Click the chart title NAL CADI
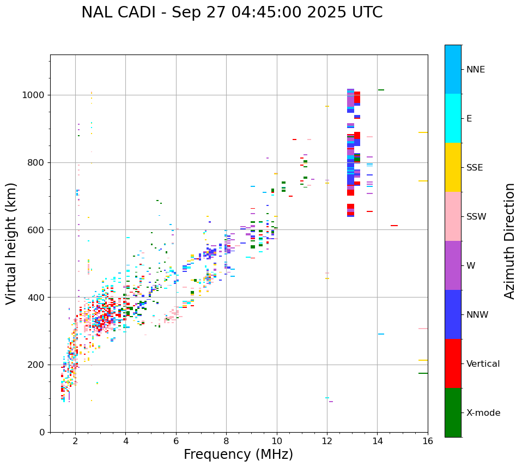(x=232, y=13)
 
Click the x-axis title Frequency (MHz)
(x=238, y=454)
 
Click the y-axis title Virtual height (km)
(x=11, y=243)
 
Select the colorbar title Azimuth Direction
(x=509, y=241)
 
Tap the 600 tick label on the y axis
(x=35, y=230)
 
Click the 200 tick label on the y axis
(x=35, y=365)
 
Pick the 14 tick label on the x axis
(x=377, y=441)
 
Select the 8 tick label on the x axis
(x=226, y=441)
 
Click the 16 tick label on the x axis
(x=428, y=441)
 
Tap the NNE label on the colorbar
(x=475, y=70)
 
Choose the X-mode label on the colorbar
(x=483, y=413)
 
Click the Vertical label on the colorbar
(x=483, y=364)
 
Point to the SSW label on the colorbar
(x=476, y=217)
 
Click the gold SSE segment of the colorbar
(x=453, y=167)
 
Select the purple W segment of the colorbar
(x=453, y=265)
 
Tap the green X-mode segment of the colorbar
(x=453, y=413)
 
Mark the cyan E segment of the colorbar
(x=453, y=118)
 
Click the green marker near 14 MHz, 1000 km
(x=381, y=90)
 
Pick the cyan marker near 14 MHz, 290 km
(x=381, y=334)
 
